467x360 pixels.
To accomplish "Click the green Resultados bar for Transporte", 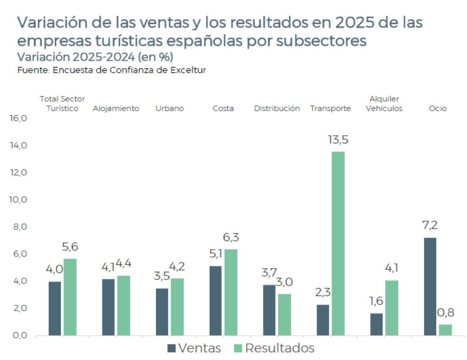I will pyautogui.click(x=338, y=243).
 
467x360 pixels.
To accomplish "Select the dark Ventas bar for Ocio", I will pyautogui.click(x=430, y=286).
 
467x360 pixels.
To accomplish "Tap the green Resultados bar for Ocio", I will pyautogui.click(x=445, y=330).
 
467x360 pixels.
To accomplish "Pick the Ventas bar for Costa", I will pyautogui.click(x=215, y=300).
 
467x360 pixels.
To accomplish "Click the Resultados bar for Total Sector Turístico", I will pyautogui.click(x=70, y=297).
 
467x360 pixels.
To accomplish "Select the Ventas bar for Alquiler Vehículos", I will pyautogui.click(x=376, y=324).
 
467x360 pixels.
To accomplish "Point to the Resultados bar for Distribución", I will pyautogui.click(x=284, y=314).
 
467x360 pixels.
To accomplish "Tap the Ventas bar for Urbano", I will pyautogui.click(x=162, y=311).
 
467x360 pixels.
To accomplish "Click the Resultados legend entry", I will pyautogui.click(x=274, y=348).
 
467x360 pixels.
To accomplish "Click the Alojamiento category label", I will pyautogui.click(x=116, y=108).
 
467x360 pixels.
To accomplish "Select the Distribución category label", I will pyautogui.click(x=277, y=108).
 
